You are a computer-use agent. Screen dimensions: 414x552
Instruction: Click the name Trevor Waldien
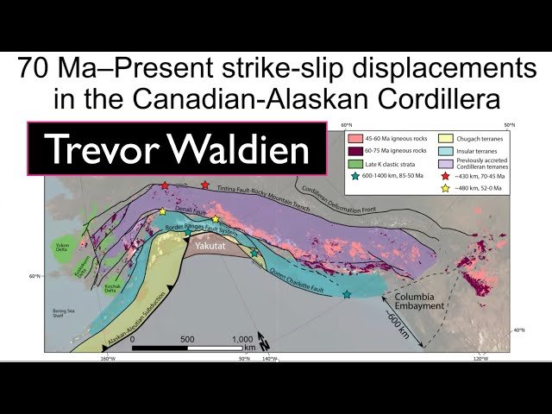coord(177,149)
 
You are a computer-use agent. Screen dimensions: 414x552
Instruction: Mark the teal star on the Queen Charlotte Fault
coord(346,295)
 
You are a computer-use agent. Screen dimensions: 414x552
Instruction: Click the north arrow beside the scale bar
coord(264,341)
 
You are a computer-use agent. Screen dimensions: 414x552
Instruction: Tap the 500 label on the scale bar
coord(188,339)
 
